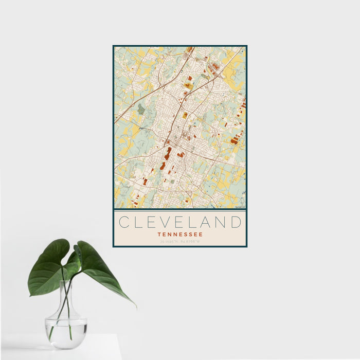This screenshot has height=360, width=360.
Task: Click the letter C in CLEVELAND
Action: point(123,222)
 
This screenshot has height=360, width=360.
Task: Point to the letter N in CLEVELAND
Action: point(221,222)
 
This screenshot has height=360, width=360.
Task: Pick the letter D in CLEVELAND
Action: point(236,222)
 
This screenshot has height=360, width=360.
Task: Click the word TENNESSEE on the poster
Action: point(180,234)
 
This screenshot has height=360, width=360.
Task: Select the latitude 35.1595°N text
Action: point(169,241)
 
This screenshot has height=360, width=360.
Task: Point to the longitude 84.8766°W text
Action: point(190,241)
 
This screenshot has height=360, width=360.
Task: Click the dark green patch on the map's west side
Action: point(141,109)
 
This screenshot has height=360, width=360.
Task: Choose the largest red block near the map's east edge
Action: point(235,140)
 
